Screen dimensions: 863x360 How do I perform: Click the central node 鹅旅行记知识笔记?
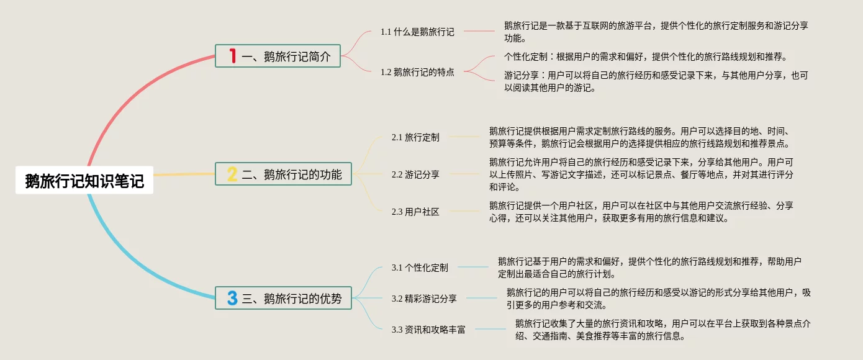point(84,181)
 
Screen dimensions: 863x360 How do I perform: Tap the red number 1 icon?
point(233,56)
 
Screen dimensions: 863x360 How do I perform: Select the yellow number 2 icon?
point(232,174)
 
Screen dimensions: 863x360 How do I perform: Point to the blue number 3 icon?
point(232,298)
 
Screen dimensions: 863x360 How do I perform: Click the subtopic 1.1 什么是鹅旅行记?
point(417,32)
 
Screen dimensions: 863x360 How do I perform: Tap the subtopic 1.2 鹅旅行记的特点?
point(417,72)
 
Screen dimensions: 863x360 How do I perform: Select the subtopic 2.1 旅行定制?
point(415,137)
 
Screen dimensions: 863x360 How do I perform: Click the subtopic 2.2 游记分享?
point(415,174)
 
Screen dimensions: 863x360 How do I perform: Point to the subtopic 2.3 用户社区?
point(415,212)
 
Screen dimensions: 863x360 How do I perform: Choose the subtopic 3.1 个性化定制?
point(420,268)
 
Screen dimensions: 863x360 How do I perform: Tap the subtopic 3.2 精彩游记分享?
point(424,299)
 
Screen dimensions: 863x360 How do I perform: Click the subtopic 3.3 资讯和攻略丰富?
point(428,330)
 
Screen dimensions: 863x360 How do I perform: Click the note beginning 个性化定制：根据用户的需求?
point(646,57)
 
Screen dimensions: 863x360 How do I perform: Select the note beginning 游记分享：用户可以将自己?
point(656,81)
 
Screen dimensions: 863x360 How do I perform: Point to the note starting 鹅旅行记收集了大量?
point(664,330)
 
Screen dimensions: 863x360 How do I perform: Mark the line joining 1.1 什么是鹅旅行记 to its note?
point(478,31)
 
